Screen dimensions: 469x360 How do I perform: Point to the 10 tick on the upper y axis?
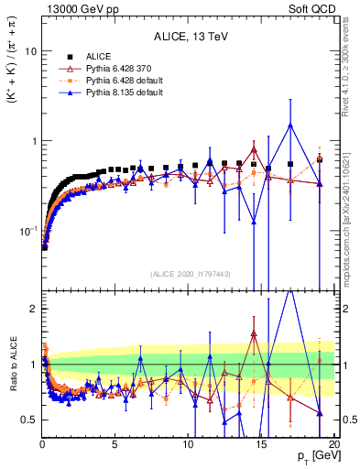click(x=29, y=51)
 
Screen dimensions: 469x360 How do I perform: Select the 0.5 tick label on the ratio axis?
click(x=28, y=420)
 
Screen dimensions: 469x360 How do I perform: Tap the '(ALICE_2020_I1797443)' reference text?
click(x=188, y=275)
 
